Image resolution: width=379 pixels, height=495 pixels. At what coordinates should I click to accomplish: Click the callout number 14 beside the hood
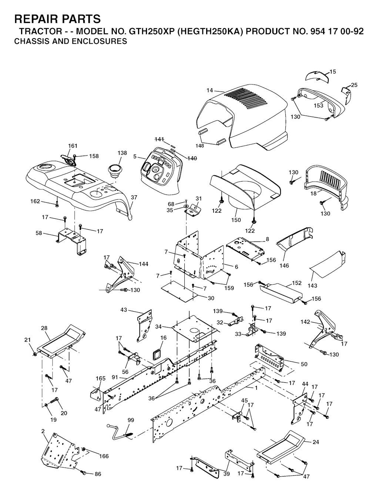coord(209,91)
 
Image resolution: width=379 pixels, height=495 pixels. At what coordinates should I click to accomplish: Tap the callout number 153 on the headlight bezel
coord(318,106)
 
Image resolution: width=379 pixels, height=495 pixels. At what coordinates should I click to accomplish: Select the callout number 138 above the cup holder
coord(122,153)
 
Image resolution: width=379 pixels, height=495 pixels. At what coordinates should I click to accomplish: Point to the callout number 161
coord(73,146)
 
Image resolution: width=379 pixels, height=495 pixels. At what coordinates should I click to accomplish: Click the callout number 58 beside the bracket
coord(39,233)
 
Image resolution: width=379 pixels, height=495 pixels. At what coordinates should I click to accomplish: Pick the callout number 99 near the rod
coord(131,420)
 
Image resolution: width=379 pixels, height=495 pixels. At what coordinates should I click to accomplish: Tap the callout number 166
coord(104,456)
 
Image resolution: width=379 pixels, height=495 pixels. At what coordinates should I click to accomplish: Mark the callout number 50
coord(304,364)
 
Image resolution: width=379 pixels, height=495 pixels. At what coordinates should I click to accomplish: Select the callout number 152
coord(297,283)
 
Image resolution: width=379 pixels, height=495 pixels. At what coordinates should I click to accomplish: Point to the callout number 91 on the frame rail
coord(115,378)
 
